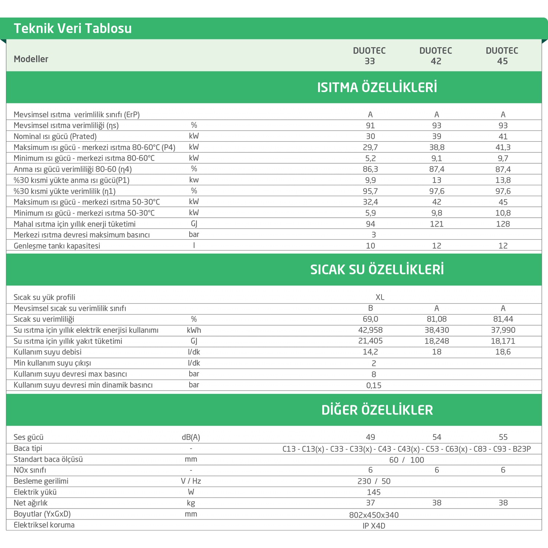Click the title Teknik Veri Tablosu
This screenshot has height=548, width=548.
73,28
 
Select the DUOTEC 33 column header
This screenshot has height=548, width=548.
369,56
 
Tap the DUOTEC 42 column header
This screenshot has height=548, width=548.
436,56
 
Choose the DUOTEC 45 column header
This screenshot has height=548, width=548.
502,56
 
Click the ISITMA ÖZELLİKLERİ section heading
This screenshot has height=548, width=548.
377,88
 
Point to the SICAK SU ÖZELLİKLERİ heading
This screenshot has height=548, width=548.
377,270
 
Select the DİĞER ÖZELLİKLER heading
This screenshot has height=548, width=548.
377,410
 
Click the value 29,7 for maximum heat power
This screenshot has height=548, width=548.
370,147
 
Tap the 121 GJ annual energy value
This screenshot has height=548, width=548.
437,224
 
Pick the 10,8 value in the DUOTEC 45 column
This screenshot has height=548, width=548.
503,213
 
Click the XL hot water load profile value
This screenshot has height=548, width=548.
380,297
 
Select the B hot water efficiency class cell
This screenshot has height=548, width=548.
370,308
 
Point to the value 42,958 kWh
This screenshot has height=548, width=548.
370,330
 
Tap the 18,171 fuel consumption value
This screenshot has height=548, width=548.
503,341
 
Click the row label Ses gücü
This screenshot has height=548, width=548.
28,437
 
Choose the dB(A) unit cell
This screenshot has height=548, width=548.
191,437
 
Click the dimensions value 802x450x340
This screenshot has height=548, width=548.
374,515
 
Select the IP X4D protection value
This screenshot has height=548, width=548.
374,526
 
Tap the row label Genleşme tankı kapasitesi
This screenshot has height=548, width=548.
57,246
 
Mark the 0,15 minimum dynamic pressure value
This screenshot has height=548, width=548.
374,385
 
